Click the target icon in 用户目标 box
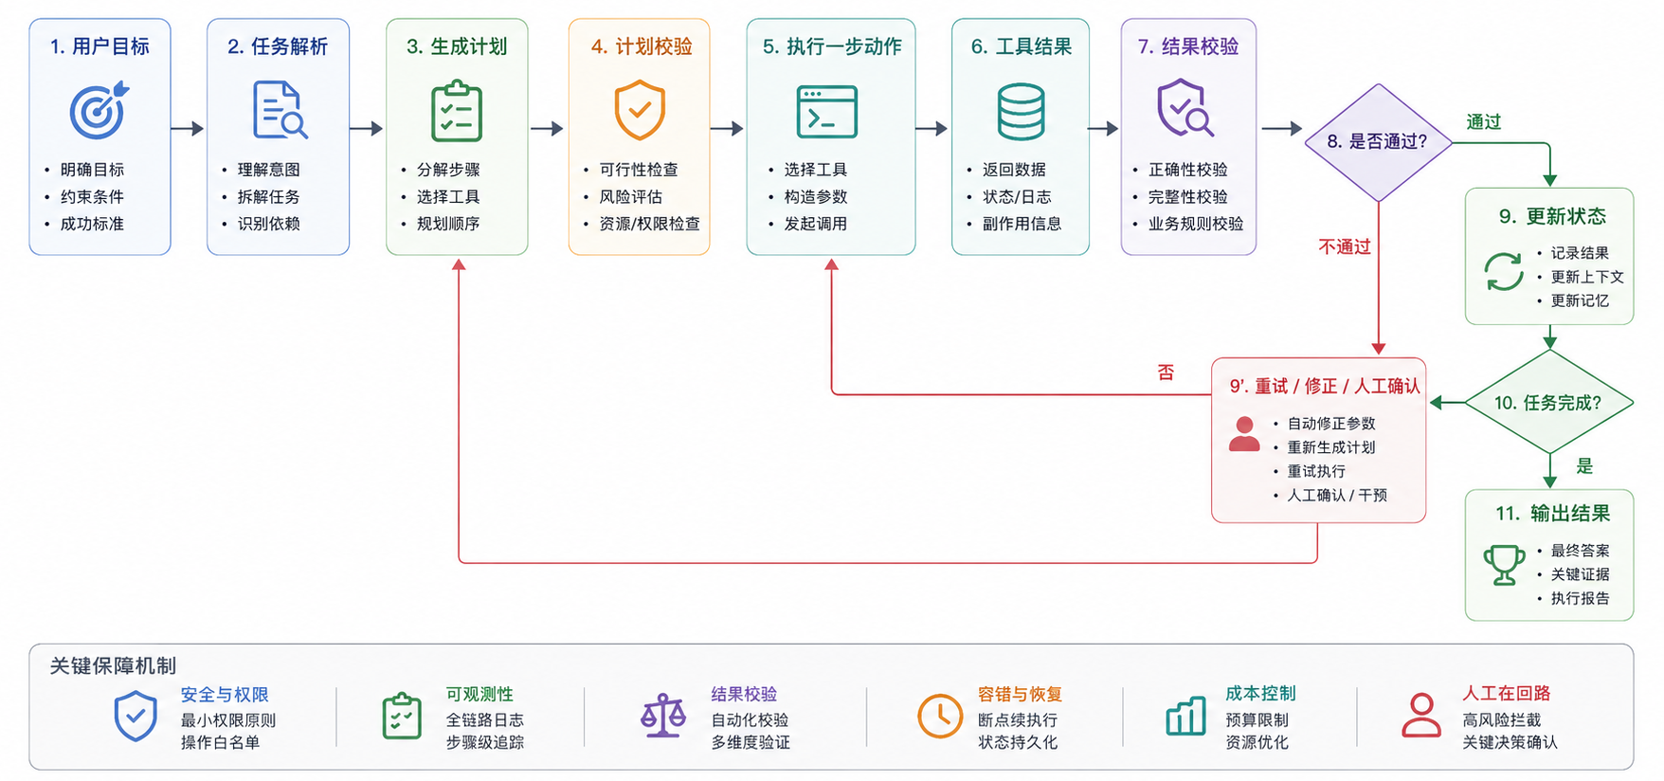click(99, 110)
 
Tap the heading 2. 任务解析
click(278, 46)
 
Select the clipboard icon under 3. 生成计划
click(457, 112)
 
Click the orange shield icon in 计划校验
click(640, 110)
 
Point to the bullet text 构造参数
click(815, 196)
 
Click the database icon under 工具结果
click(1021, 111)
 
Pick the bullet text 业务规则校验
click(1196, 224)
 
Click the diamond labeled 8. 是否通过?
click(1378, 142)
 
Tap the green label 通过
click(1484, 121)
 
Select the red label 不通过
click(1345, 246)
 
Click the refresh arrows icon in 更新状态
click(1504, 272)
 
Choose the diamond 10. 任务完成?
click(1549, 402)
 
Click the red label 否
click(1166, 372)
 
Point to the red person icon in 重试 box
click(1244, 434)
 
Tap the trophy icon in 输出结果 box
click(1504, 565)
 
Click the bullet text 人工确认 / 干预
click(1336, 495)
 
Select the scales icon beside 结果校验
click(663, 716)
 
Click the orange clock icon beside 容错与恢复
click(940, 716)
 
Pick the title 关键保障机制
click(113, 665)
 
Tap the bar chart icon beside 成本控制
click(1185, 717)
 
